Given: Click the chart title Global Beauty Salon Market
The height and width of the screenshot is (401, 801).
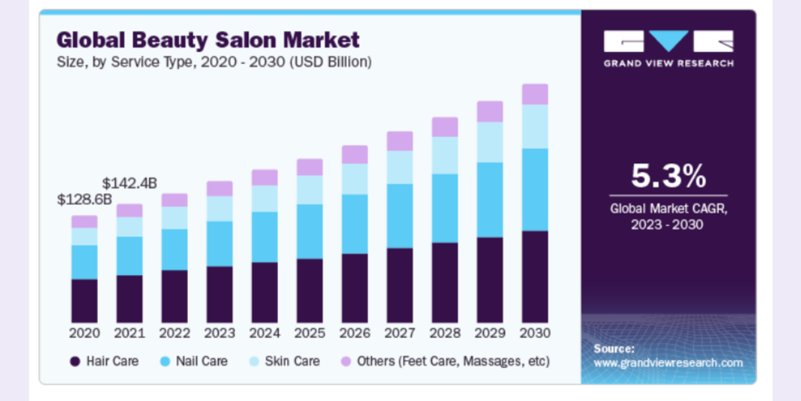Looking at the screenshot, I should click(x=208, y=40).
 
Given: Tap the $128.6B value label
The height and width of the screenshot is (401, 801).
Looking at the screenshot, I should click(x=85, y=199).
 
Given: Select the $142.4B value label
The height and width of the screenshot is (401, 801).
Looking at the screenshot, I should click(x=129, y=183).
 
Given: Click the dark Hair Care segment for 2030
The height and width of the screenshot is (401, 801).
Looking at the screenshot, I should click(x=535, y=277).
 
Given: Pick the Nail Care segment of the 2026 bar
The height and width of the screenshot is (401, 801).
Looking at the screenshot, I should click(x=355, y=224).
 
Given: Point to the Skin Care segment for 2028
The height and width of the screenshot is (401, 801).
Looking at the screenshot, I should click(x=445, y=155).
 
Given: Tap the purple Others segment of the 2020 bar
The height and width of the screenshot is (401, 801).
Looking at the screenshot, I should click(x=84, y=222).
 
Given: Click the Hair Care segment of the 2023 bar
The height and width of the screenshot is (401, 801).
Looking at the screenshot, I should click(x=220, y=294).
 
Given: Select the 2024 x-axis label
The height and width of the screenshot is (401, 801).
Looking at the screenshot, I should click(x=264, y=333).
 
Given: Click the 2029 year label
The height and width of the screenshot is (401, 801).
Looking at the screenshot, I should click(x=490, y=333).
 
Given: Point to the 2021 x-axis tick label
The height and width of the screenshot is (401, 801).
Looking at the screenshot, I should click(x=129, y=333).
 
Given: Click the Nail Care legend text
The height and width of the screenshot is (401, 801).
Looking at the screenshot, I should click(x=201, y=361).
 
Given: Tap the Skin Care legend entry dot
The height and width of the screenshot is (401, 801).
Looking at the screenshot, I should click(x=255, y=361).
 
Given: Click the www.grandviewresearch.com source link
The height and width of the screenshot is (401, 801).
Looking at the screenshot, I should click(x=668, y=363).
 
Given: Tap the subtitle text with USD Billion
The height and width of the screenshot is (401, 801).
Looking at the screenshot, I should click(x=214, y=62).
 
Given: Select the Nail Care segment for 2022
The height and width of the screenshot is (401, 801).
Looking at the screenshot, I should click(x=175, y=250).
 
